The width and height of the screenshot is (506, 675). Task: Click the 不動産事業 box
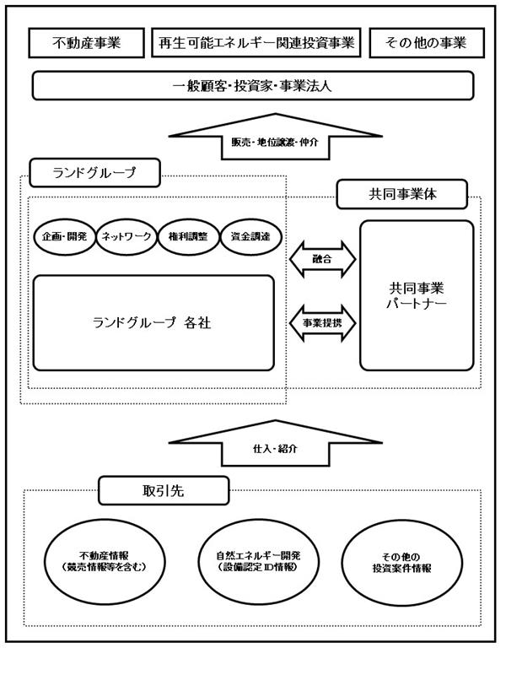click(87, 43)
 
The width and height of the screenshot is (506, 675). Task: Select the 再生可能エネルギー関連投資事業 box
click(256, 43)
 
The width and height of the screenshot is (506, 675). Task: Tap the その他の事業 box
click(427, 43)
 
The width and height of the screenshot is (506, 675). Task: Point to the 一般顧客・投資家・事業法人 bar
click(253, 86)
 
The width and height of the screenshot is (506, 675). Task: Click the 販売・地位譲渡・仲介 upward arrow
click(276, 137)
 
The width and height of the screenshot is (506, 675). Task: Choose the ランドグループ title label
click(94, 173)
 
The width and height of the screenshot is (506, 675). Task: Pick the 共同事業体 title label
click(402, 194)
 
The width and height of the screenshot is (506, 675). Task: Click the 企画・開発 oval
click(65, 236)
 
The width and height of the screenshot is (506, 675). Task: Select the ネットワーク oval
click(126, 236)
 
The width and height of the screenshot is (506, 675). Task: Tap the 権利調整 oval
click(188, 236)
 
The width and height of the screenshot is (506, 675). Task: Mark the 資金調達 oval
click(250, 236)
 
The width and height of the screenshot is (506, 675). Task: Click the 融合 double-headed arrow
click(323, 259)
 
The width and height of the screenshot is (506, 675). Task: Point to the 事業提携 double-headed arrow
click(323, 323)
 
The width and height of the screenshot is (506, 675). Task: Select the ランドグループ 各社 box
click(153, 323)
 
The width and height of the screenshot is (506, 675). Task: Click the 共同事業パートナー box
click(417, 295)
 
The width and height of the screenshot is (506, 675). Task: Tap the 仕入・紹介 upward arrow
click(276, 444)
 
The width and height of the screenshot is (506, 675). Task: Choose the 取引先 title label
click(164, 490)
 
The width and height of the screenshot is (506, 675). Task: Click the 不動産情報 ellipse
click(105, 562)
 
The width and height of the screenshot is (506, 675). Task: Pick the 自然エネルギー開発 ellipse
click(258, 562)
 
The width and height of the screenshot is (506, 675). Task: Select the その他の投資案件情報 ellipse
click(402, 563)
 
